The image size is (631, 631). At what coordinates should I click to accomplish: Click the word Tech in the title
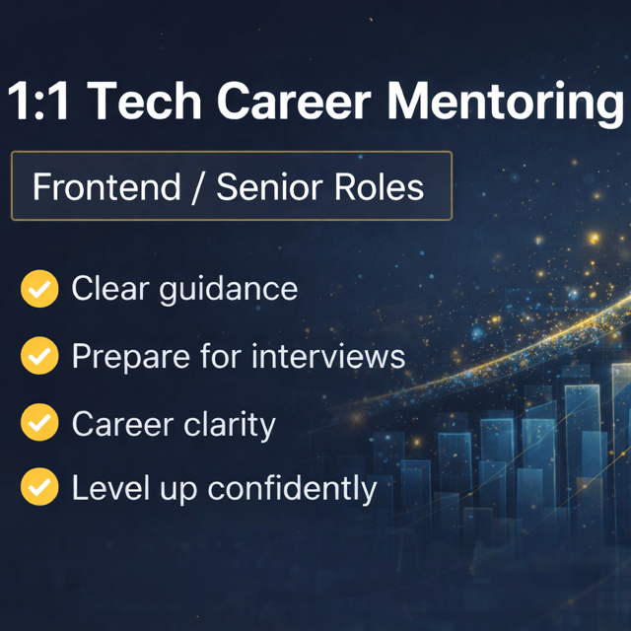point(144,101)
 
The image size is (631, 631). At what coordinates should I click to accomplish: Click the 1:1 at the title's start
point(38,101)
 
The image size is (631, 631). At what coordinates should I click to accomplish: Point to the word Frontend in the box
point(106,186)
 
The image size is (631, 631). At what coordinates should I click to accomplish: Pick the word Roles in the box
point(379,186)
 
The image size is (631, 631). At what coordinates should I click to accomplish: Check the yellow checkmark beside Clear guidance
point(39,289)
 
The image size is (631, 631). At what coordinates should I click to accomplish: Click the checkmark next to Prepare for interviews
point(39,356)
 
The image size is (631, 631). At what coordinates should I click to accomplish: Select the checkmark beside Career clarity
point(39,423)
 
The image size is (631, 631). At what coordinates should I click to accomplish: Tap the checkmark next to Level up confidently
point(39,486)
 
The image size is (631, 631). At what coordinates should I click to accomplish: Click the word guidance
point(229,290)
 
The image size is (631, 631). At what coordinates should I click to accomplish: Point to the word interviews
point(328,356)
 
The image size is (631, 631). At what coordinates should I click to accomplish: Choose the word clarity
point(230,425)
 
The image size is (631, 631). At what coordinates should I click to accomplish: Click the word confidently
point(292,489)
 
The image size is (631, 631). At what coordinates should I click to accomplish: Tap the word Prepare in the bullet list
point(131,358)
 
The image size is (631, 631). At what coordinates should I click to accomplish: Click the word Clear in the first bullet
point(110,288)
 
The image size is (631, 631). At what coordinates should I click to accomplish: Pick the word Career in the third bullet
point(122,424)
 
